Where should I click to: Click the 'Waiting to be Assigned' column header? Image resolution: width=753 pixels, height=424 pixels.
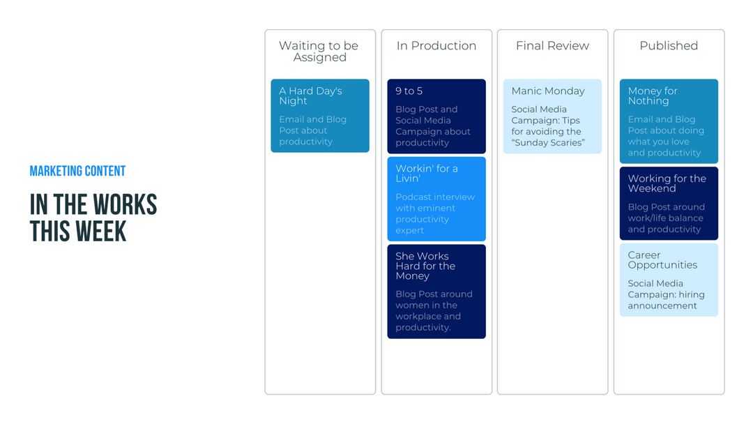pos(319,51)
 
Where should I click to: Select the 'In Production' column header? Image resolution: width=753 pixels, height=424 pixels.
pos(436,46)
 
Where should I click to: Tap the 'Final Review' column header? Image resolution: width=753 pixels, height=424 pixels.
pos(552,46)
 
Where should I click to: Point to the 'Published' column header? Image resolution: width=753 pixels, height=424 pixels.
pos(669,46)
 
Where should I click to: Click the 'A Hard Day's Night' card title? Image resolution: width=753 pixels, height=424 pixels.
pos(310,96)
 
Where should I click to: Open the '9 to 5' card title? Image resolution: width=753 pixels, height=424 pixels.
pos(409,91)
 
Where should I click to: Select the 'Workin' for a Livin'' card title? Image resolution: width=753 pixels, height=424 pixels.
pos(427,173)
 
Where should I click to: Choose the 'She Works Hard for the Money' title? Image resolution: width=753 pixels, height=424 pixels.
pos(425,266)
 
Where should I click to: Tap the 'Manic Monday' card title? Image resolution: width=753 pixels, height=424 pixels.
pos(548,91)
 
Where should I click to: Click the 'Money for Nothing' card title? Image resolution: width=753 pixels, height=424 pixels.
pos(653,96)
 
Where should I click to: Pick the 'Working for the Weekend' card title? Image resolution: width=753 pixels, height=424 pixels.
pos(667,183)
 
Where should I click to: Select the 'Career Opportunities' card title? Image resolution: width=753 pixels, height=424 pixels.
pos(662,260)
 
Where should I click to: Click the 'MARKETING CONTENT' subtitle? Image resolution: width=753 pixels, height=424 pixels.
pos(77,172)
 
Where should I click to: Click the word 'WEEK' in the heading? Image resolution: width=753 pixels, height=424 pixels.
pos(102,231)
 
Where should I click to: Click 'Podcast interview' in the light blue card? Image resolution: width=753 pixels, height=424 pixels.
pos(435,197)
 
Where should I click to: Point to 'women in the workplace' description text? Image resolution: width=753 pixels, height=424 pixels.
pos(427,310)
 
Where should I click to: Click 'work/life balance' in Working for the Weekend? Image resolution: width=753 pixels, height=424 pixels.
pos(666,218)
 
